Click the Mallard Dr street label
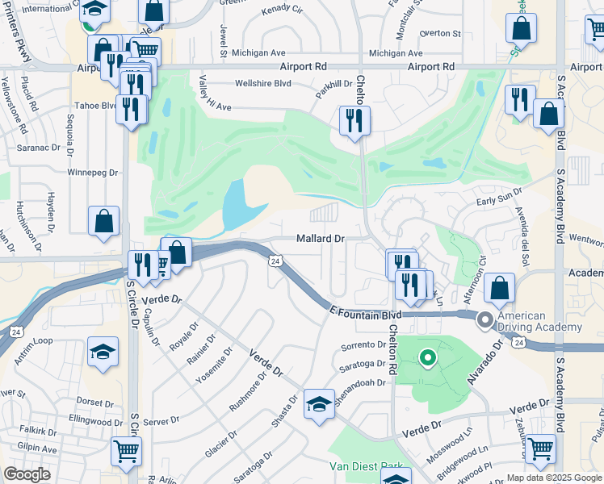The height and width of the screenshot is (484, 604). [321, 239]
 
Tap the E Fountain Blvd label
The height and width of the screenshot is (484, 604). [366, 311]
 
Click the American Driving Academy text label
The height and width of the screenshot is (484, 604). [540, 322]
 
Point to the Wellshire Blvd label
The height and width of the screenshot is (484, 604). [262, 83]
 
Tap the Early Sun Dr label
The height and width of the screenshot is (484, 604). [500, 193]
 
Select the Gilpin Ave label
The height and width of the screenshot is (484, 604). [29, 449]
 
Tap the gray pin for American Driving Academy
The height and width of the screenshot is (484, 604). [485, 319]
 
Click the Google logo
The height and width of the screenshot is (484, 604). [27, 474]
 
